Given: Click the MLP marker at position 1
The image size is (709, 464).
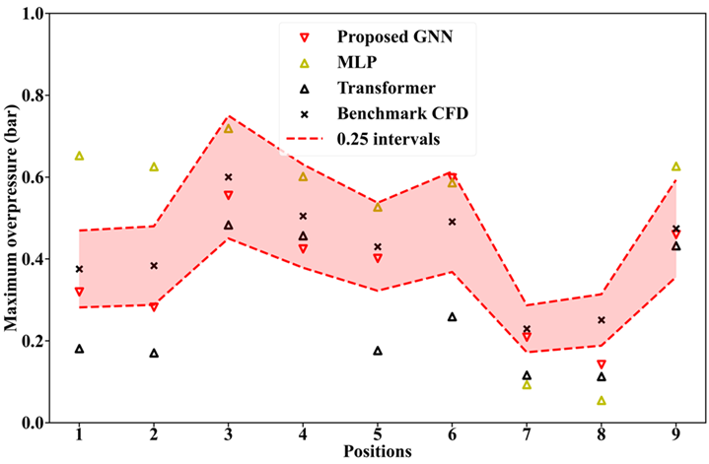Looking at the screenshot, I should pos(79,156).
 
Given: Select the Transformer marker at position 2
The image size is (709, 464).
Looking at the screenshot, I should pos(154,353).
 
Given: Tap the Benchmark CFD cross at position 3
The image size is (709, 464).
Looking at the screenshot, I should pos(229,177).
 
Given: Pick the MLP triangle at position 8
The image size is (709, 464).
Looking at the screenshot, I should pos(602,401).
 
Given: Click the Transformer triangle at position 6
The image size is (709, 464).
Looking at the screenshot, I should pos(453,317).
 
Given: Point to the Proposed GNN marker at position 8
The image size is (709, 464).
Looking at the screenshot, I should pos(602,365).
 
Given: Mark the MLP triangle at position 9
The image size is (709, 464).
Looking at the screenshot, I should pos(676,166).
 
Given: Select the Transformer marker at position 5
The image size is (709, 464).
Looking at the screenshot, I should pos(378,351).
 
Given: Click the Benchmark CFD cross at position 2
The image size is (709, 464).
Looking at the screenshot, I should pos(154,266).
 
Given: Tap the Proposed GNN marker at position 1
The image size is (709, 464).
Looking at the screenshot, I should pos(79,292).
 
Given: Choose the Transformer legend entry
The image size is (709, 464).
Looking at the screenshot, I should pos(381,89).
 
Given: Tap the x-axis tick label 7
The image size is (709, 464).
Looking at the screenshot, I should pos(527,435).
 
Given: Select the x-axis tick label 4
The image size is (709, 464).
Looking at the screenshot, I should pos(303,435).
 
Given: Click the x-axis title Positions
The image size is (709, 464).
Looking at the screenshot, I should pos(378,452).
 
